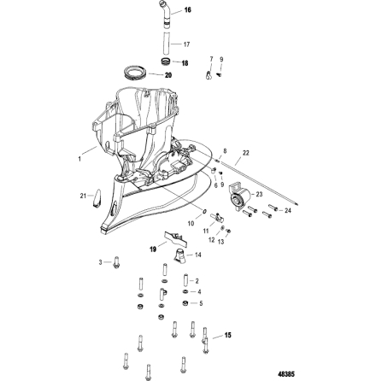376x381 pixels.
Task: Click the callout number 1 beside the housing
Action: coord(81,156)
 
